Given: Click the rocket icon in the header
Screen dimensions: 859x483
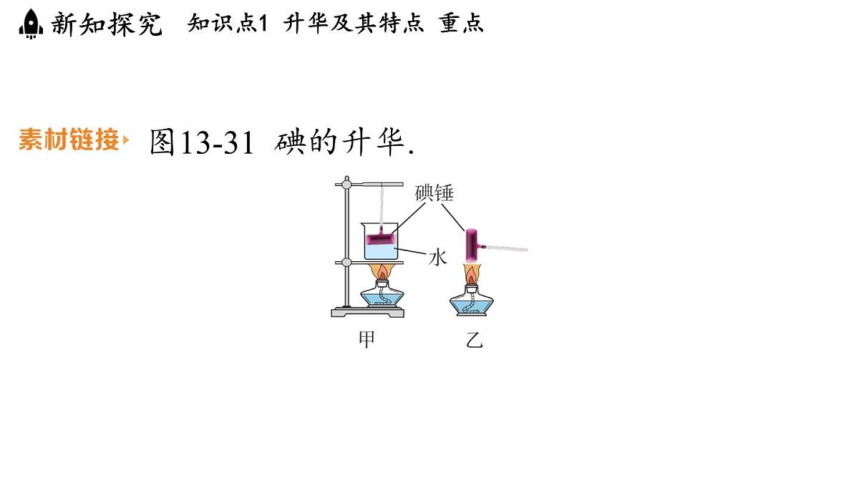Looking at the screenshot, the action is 31,24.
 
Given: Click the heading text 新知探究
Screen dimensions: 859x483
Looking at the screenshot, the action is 107,24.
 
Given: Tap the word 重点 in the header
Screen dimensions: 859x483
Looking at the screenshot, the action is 461,23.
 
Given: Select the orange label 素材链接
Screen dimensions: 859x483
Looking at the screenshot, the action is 69,139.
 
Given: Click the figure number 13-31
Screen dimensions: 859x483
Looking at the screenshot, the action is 217,142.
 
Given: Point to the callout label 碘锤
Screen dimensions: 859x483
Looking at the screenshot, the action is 434,192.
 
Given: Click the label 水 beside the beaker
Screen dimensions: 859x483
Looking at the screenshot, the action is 437,257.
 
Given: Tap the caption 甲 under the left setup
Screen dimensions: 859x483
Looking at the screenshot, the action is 367,339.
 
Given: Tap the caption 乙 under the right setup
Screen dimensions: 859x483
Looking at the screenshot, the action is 475,340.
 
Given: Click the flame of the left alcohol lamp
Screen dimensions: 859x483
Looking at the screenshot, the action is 382,272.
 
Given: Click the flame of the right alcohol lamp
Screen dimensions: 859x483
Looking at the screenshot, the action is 471,273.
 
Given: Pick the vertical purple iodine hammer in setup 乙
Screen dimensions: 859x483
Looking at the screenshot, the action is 471,245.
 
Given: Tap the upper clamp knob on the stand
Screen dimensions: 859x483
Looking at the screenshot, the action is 346,185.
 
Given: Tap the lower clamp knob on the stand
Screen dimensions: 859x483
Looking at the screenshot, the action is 346,262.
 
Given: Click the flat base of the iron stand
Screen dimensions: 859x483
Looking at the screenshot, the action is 367,313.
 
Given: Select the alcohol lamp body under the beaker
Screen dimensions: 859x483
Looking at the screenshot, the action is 382,294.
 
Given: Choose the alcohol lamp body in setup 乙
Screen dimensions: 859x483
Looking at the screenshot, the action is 472,301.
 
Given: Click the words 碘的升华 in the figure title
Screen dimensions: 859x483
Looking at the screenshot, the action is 339,142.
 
